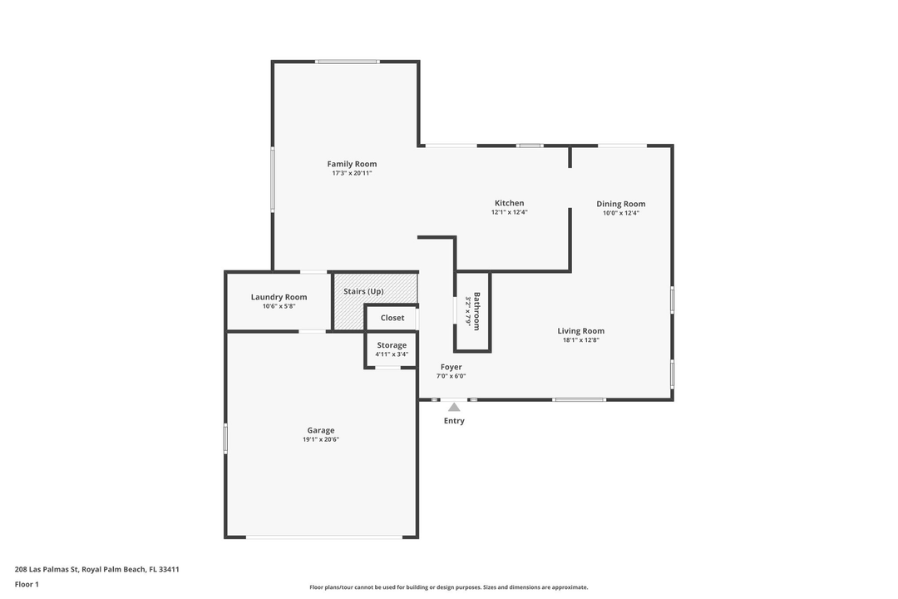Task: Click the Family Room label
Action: [x=352, y=164]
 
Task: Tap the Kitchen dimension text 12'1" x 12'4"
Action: [x=509, y=212]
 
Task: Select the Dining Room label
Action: [x=620, y=204]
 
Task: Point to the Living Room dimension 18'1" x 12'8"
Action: [x=580, y=340]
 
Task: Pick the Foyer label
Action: [x=451, y=367]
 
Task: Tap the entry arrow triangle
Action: [x=453, y=407]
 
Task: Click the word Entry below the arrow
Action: [x=454, y=421]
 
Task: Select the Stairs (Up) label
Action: [x=363, y=291]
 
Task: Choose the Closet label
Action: [x=392, y=318]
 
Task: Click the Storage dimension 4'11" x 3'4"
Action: [x=392, y=354]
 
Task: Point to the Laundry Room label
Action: [x=279, y=297]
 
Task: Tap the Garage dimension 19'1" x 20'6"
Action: [x=321, y=439]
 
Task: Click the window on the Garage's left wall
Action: [x=225, y=438]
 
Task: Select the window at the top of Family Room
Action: [x=348, y=62]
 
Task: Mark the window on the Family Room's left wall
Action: [x=273, y=179]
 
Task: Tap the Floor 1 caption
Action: [x=27, y=585]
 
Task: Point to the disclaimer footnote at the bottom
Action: [x=448, y=587]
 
